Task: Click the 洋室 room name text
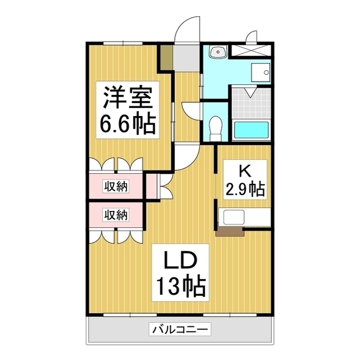pyautogui.click(x=127, y=99)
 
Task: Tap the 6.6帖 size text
pyautogui.click(x=127, y=124)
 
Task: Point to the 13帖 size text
pyautogui.click(x=179, y=288)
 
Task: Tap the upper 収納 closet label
pyautogui.click(x=115, y=186)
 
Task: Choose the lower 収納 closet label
pyautogui.click(x=115, y=214)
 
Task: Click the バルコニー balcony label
pyautogui.click(x=180, y=330)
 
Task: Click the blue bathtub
pyautogui.click(x=251, y=131)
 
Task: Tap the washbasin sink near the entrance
pyautogui.click(x=217, y=53)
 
